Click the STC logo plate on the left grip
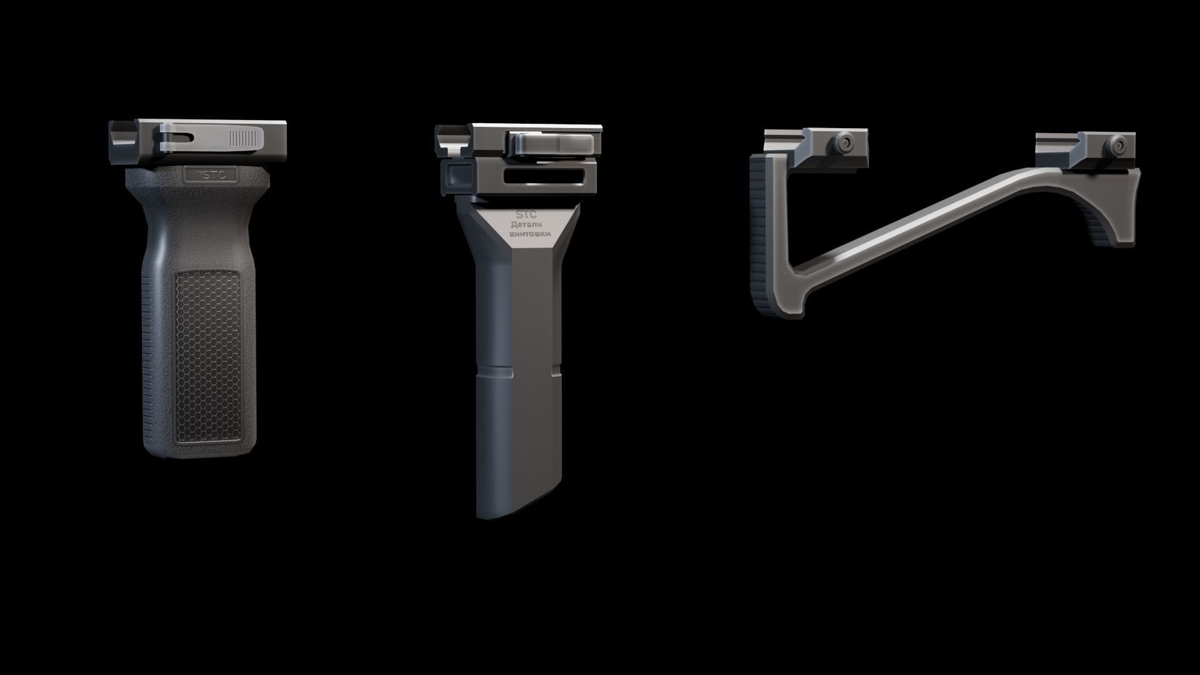click(211, 175)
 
